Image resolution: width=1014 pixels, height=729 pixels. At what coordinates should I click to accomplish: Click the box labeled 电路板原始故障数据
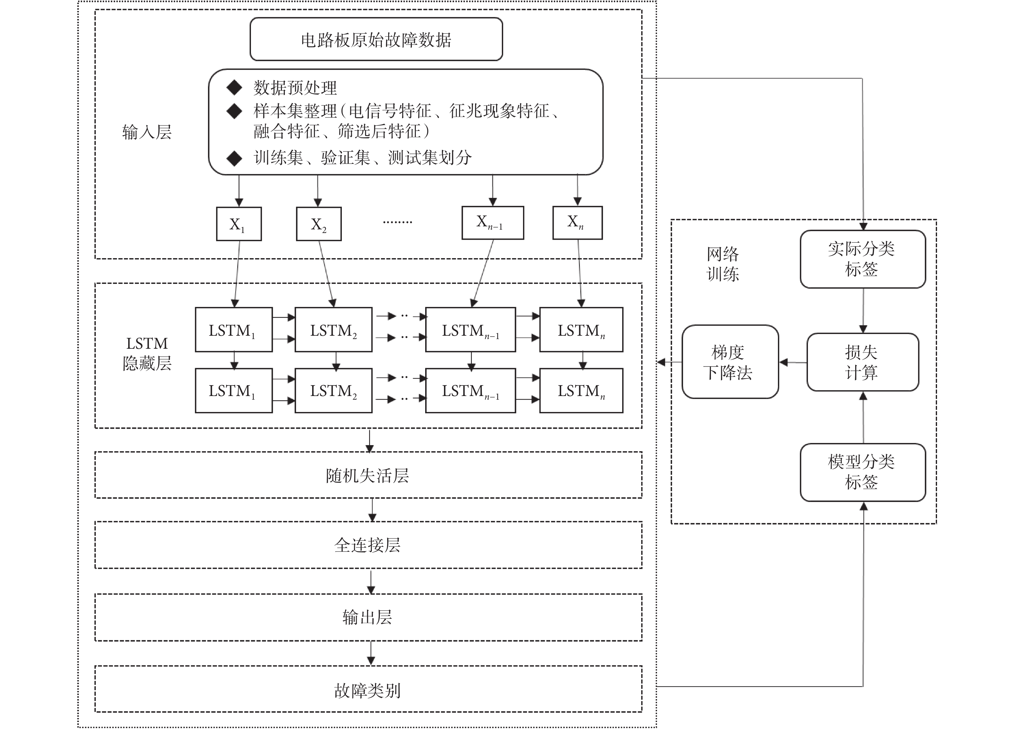(376, 39)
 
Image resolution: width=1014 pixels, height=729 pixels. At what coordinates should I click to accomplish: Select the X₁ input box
(239, 224)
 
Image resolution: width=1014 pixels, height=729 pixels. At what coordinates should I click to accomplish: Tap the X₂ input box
(319, 224)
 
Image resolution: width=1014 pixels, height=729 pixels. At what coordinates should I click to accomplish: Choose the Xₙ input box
(577, 223)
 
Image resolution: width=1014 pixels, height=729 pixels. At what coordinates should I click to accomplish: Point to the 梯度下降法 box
(730, 361)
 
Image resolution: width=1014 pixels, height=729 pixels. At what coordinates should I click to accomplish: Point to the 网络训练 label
(722, 264)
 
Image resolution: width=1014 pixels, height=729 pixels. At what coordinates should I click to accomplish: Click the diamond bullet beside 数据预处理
(234, 88)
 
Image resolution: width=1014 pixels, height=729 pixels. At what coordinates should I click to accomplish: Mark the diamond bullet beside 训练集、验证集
(234, 158)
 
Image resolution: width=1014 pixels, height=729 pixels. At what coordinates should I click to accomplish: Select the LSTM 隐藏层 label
(147, 353)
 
